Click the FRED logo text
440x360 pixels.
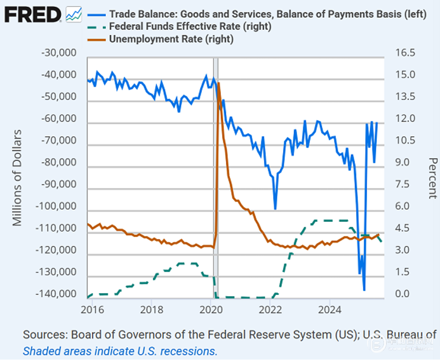pyautogui.click(x=32, y=15)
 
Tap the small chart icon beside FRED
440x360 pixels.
pyautogui.click(x=73, y=15)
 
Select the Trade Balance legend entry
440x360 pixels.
pyautogui.click(x=267, y=14)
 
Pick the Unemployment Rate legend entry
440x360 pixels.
pyautogui.click(x=171, y=39)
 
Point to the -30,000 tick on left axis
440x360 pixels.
pyautogui.click(x=59, y=53)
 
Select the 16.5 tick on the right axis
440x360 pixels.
pyautogui.click(x=405, y=53)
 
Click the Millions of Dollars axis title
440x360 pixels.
pyautogui.click(x=17, y=178)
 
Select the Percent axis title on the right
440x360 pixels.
pyautogui.click(x=433, y=178)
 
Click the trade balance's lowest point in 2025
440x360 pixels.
pyautogui.click(x=364, y=290)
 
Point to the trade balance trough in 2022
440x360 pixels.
pyautogui.click(x=275, y=209)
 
